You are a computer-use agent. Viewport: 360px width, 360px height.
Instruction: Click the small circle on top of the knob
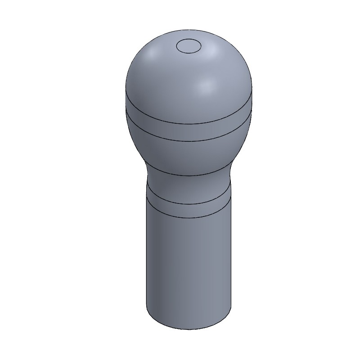pos(189,46)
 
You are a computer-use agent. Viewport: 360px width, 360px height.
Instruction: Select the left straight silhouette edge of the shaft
pos(147,261)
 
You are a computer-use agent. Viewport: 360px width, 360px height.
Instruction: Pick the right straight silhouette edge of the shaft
pos(231,261)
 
